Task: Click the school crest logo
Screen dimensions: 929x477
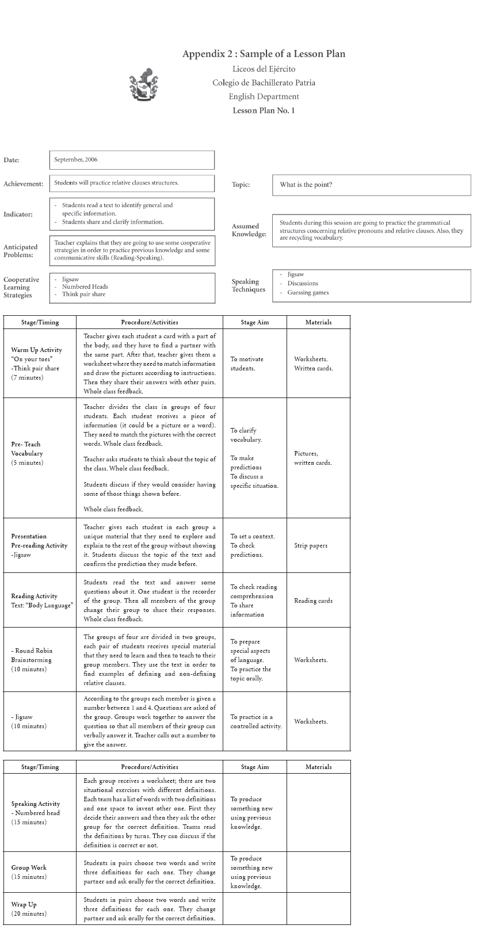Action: click(x=144, y=84)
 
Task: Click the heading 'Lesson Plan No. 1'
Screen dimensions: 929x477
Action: click(x=264, y=110)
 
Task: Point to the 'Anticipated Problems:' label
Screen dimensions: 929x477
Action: click(x=21, y=251)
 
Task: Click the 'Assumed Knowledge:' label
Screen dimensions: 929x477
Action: click(x=249, y=230)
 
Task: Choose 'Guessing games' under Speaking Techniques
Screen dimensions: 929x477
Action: click(x=308, y=292)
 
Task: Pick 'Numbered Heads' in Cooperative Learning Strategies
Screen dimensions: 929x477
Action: click(x=85, y=286)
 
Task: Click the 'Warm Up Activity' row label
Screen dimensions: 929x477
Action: click(x=36, y=350)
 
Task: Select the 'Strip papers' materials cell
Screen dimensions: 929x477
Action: click(x=311, y=545)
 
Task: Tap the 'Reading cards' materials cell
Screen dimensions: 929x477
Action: click(x=313, y=601)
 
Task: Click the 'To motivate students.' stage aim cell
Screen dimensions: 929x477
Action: click(x=247, y=364)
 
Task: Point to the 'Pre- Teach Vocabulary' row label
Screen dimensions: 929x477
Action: click(x=27, y=449)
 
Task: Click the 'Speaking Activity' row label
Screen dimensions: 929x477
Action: click(x=36, y=804)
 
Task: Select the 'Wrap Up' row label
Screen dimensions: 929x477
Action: click(x=24, y=904)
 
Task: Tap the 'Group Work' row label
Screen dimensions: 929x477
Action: click(x=29, y=867)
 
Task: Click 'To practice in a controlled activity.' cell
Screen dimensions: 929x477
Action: click(x=256, y=721)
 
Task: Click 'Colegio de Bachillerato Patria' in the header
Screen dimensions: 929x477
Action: click(x=264, y=83)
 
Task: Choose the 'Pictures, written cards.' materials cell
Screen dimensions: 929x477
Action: click(x=312, y=458)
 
